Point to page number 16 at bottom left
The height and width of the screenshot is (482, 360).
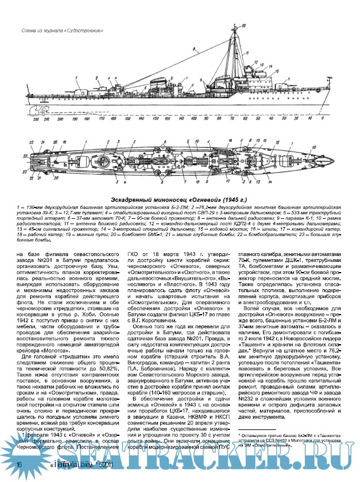click(x=20, y=467)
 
